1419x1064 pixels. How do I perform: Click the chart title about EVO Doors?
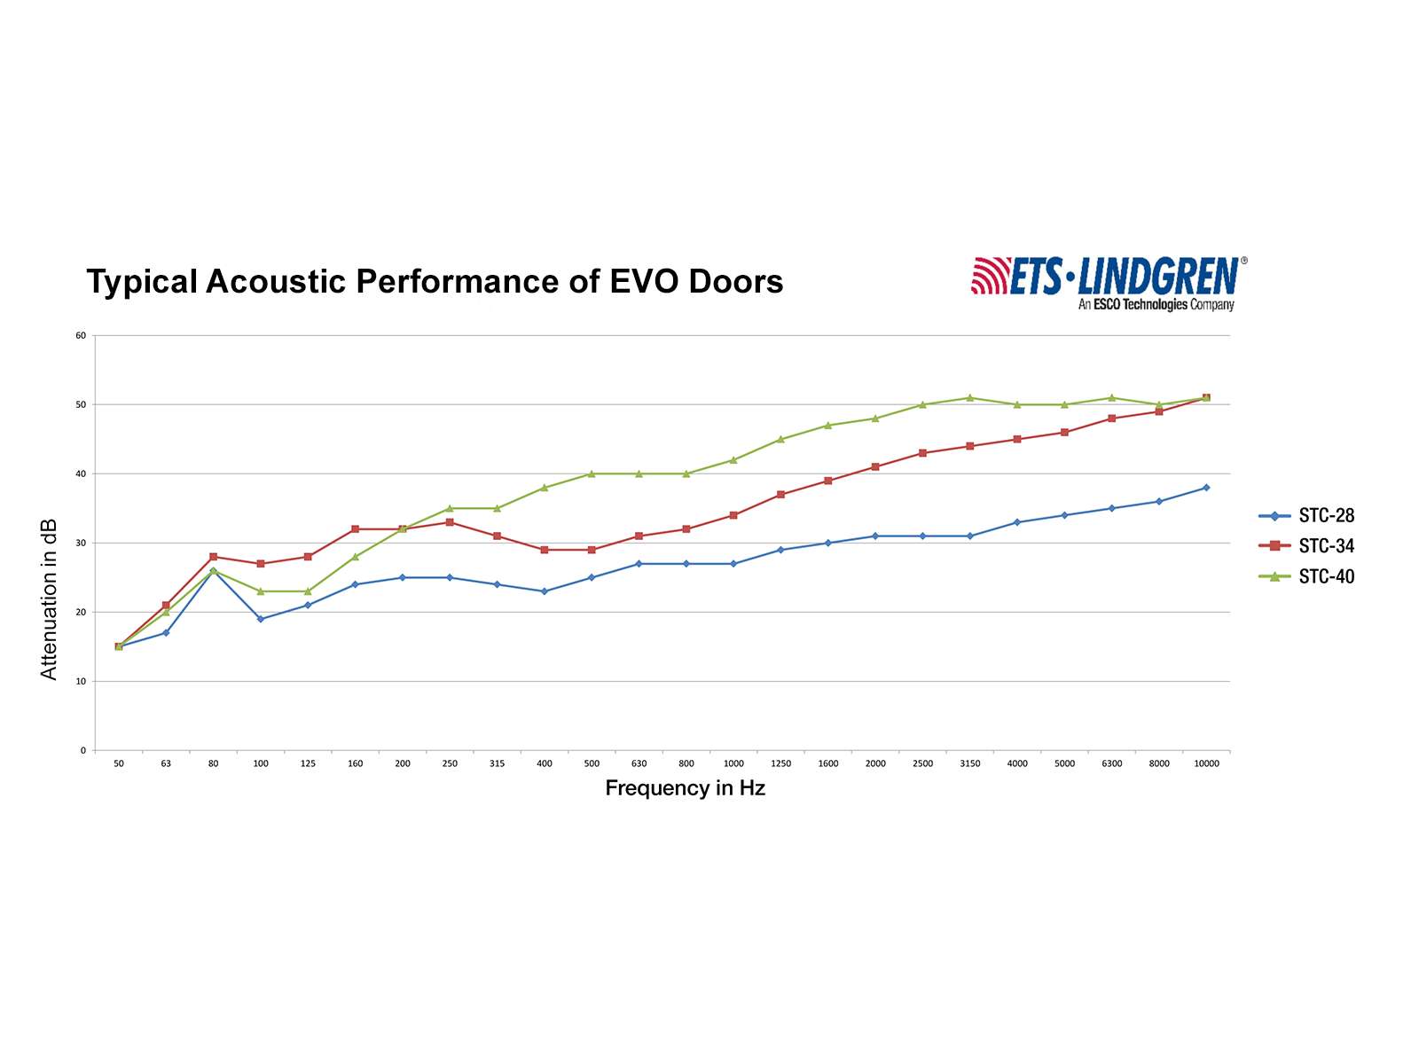(435, 282)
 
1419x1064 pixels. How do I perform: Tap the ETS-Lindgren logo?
(1109, 276)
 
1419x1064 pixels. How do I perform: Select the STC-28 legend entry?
(1326, 516)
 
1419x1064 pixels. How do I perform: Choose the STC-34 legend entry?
(1326, 546)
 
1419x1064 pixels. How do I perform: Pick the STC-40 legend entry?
(1326, 577)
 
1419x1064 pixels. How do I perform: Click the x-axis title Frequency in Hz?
(685, 788)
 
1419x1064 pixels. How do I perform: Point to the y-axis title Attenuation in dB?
(49, 599)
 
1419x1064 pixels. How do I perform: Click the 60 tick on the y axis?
(81, 336)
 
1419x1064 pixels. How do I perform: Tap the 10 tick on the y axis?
(81, 682)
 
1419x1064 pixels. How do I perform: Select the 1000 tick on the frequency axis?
(733, 764)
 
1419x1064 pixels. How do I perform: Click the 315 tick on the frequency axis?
(497, 764)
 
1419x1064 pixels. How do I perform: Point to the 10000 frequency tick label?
(1206, 764)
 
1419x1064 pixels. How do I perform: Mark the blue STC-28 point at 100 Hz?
(261, 619)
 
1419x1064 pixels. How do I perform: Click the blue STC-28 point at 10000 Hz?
(1206, 488)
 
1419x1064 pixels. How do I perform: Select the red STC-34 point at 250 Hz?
(450, 522)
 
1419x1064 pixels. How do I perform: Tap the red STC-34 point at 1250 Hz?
(780, 495)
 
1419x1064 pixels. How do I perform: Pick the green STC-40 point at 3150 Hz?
(970, 398)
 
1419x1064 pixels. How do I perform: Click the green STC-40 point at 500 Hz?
(592, 473)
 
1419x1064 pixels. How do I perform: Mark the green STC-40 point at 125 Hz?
(308, 591)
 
